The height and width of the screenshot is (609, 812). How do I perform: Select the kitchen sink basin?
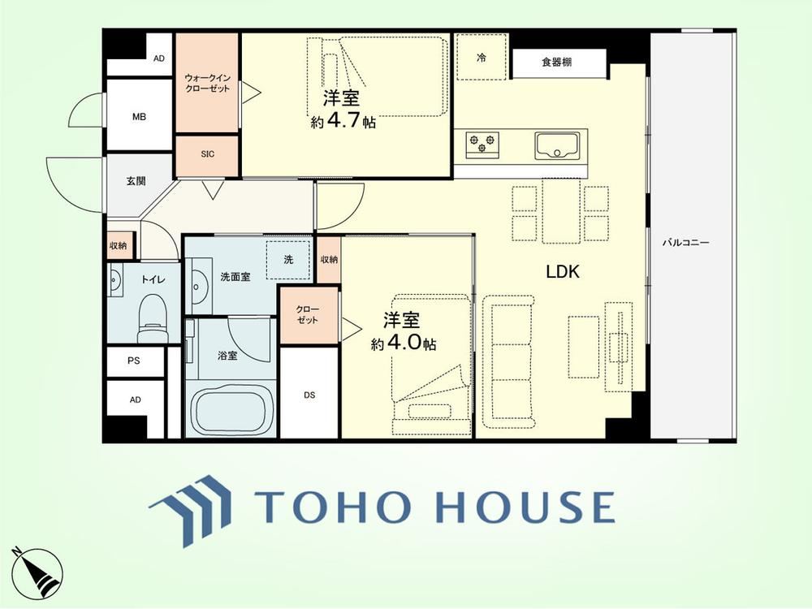tap(557, 145)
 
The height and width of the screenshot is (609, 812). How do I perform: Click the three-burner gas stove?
tap(482, 142)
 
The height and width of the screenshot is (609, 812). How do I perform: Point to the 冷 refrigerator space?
tap(481, 57)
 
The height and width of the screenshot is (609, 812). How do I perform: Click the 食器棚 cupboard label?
tap(557, 63)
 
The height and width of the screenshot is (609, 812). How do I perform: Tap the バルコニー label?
tap(686, 242)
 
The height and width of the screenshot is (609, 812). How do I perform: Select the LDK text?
tap(563, 272)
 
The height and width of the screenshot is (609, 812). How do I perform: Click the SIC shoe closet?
tap(207, 155)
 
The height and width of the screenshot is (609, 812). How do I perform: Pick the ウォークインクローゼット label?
tap(207, 83)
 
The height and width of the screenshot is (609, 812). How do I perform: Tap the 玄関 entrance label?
tap(136, 181)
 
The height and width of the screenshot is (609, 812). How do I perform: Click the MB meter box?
tap(139, 115)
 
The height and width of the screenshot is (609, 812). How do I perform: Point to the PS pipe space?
tap(135, 361)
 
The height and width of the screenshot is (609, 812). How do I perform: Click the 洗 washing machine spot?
tap(288, 260)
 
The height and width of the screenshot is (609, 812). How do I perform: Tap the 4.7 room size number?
tap(343, 121)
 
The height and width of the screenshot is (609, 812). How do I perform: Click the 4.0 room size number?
tap(403, 343)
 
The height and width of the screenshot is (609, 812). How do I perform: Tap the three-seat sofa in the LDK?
tap(508, 361)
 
